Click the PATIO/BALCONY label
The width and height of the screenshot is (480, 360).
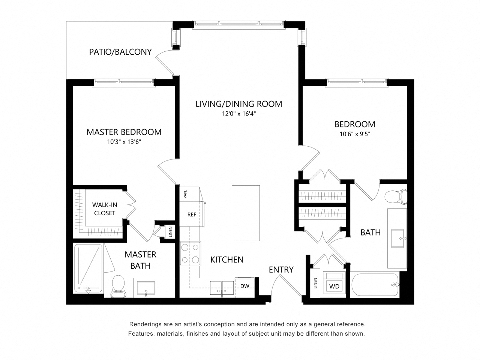pyautogui.click(x=120, y=52)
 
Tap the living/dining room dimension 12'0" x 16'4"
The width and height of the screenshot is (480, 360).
pyautogui.click(x=238, y=114)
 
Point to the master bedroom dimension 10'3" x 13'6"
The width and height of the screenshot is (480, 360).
pyautogui.click(x=124, y=142)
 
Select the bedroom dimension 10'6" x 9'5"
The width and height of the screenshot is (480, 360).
pyautogui.click(x=355, y=134)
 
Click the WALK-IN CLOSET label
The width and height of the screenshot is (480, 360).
pyautogui.click(x=105, y=209)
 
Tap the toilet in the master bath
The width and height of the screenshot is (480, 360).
pyautogui.click(x=118, y=286)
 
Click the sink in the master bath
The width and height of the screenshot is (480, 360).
pyautogui.click(x=146, y=288)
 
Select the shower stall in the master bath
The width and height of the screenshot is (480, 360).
pyautogui.click(x=88, y=268)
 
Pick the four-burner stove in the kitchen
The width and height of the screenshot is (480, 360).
pyautogui.click(x=190, y=253)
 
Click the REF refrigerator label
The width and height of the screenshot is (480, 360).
pyautogui.click(x=192, y=214)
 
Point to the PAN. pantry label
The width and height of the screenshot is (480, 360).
pyautogui.click(x=185, y=194)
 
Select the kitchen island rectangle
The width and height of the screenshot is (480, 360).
pyautogui.click(x=246, y=213)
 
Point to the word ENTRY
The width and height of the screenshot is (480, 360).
pyautogui.click(x=281, y=270)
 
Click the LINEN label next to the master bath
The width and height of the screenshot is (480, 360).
pyautogui.click(x=171, y=232)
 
